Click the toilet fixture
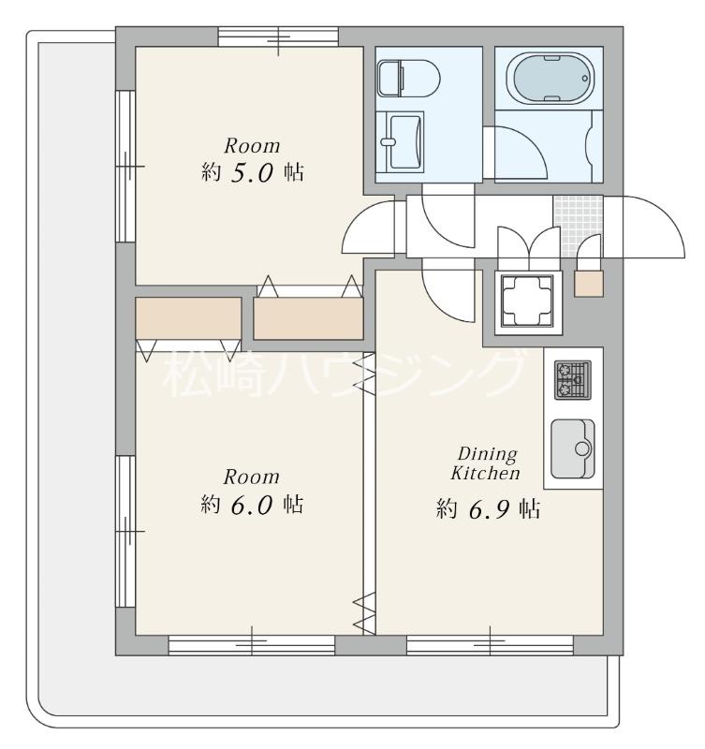pyautogui.click(x=408, y=79)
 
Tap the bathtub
pyautogui.click(x=554, y=79)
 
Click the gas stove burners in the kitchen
pyautogui.click(x=573, y=380)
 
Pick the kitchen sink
pyautogui.click(x=573, y=449)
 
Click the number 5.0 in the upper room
pyautogui.click(x=252, y=173)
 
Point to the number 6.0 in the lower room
pyautogui.click(x=252, y=505)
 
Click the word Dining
pyautogui.click(x=487, y=454)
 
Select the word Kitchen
pyautogui.click(x=485, y=473)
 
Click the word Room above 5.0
pyautogui.click(x=252, y=146)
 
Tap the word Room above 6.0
pyautogui.click(x=251, y=477)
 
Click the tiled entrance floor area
pyautogui.click(x=578, y=226)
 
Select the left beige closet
pyautogui.click(x=188, y=318)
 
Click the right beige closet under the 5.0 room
pyautogui.click(x=308, y=318)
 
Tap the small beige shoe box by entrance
pyautogui.click(x=589, y=284)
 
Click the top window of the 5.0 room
pyautogui.click(x=278, y=37)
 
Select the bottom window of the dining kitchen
pyautogui.click(x=490, y=645)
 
